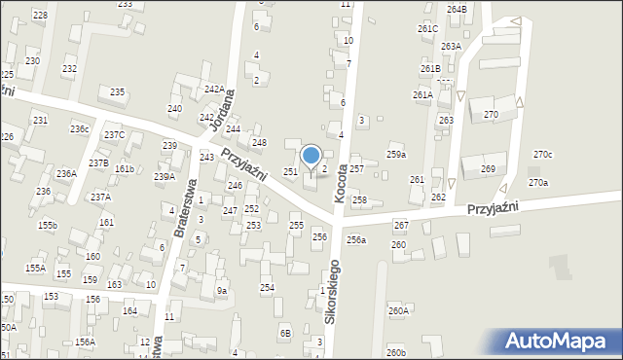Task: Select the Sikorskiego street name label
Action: pyautogui.click(x=333, y=290)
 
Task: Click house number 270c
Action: pyautogui.click(x=542, y=155)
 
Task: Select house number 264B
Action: pyautogui.click(x=457, y=9)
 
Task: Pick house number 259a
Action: pyautogui.click(x=396, y=155)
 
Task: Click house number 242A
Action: pyautogui.click(x=214, y=90)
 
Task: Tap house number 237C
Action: pyautogui.click(x=114, y=134)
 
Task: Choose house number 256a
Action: pyautogui.click(x=356, y=239)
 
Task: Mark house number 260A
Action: pyautogui.click(x=398, y=310)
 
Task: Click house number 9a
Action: pyautogui.click(x=222, y=290)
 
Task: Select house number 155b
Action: pyautogui.click(x=48, y=225)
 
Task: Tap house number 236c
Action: pyautogui.click(x=79, y=129)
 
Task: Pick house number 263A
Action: pyautogui.click(x=451, y=46)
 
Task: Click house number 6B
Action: pyautogui.click(x=286, y=333)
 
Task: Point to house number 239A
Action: pyautogui.click(x=165, y=176)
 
